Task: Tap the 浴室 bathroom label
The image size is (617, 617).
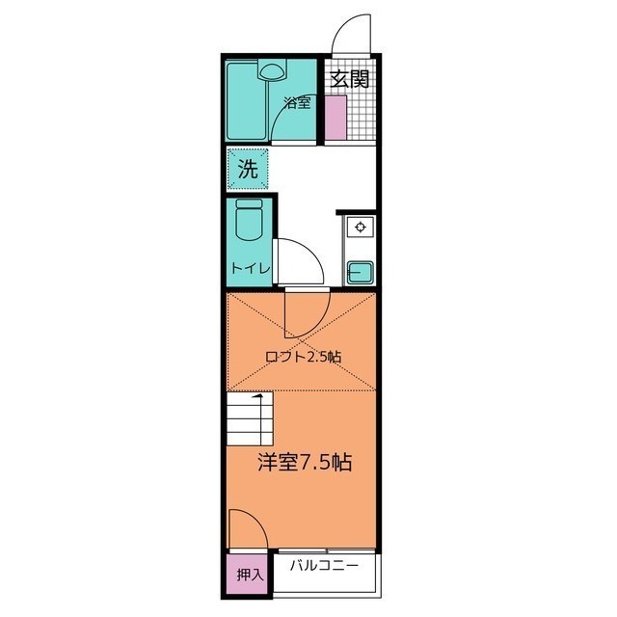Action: click(297, 102)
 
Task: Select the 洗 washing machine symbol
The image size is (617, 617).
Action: click(249, 170)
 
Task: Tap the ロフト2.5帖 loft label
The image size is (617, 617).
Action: click(304, 356)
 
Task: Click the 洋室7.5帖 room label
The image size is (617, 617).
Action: click(303, 462)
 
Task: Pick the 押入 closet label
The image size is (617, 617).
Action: click(250, 575)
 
